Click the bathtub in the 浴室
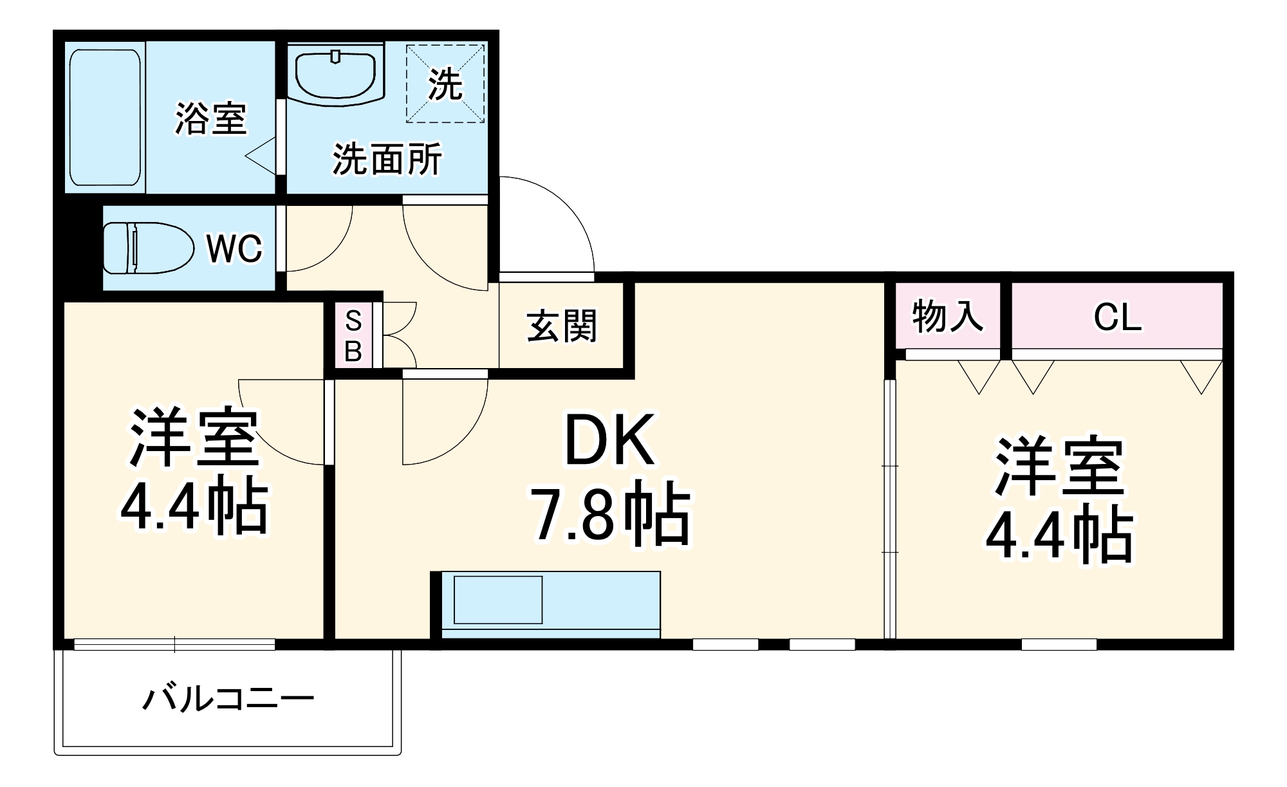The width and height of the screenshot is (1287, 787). [x=105, y=117]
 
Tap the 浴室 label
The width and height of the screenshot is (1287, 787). [x=210, y=118]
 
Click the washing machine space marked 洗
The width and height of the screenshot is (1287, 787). [x=445, y=83]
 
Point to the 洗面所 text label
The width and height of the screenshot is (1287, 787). [x=387, y=159]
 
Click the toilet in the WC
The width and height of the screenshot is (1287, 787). [x=148, y=248]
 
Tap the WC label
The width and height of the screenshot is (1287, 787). [x=234, y=248]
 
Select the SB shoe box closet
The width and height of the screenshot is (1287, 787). [x=353, y=336]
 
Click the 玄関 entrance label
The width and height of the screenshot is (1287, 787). [x=561, y=326]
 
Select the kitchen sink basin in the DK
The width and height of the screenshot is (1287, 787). [x=497, y=600]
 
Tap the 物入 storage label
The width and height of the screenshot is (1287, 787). [x=947, y=317]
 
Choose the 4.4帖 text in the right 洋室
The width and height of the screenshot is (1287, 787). [x=1059, y=535]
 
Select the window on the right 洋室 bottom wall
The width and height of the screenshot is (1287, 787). [x=1059, y=643]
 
